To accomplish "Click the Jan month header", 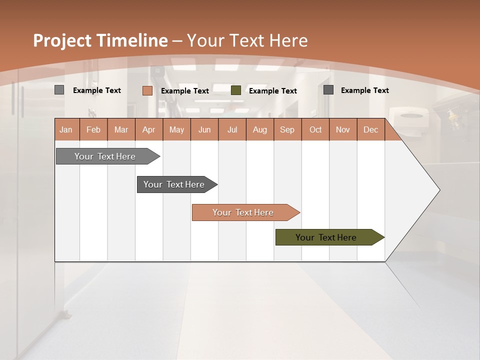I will coord(66,129).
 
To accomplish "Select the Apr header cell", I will coord(149,129).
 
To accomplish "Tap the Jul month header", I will coord(232,129).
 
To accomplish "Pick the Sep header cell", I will coord(287,129).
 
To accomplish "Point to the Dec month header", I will coord(370,129).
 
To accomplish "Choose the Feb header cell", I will coord(93,129).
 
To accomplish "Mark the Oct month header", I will coord(315,129).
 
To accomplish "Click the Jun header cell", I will coord(204,129).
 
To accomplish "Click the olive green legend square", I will coord(236,90).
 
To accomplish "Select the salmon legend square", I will coord(147,90).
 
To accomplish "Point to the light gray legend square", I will coord(59,90).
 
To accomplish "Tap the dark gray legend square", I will coord(328,90).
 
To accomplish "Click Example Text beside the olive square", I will coord(272,91).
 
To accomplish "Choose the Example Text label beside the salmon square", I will coord(184,91).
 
